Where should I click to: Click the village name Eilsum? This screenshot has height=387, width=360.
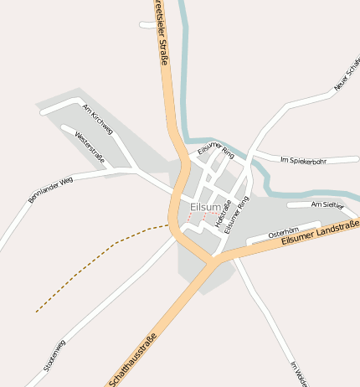click(206, 207)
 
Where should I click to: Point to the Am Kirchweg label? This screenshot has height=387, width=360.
click(98, 116)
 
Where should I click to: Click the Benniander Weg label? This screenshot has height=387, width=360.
click(51, 190)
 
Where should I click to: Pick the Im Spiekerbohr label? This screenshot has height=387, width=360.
click(303, 160)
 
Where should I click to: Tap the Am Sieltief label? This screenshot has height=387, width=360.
click(327, 204)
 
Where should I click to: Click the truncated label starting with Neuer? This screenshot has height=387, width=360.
click(346, 76)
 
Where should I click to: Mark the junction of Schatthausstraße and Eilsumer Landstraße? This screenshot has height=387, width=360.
click(211, 262)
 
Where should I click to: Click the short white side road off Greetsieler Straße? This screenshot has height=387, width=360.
click(147, 25)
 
